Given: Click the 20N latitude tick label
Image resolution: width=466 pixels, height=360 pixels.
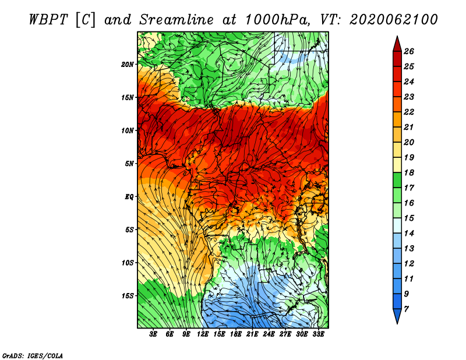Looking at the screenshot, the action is point(127,65).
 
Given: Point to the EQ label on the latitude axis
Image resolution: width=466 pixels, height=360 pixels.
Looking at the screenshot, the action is point(129,197).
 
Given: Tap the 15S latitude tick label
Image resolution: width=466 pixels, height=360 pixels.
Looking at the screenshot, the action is point(128,296).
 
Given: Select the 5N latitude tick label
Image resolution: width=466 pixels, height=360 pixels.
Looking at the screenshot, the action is point(129,164).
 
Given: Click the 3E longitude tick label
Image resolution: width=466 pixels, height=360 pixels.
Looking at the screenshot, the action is point(153,334).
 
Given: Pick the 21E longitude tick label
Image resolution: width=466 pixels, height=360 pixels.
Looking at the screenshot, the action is point(252,334).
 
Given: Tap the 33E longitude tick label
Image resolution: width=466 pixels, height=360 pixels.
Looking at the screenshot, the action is point(318,334).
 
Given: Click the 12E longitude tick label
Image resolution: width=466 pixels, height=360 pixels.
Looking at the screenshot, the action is point(203,334).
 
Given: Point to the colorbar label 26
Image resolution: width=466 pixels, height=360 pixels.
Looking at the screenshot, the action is point(409,51).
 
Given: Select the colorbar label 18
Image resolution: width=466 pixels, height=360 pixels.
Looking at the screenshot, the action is point(409,172).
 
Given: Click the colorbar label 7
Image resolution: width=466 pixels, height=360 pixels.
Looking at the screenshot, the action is point(406,309).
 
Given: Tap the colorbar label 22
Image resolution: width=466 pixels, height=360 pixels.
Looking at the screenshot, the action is point(409,112).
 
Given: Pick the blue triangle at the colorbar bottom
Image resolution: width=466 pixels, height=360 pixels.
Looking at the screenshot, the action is point(397,316).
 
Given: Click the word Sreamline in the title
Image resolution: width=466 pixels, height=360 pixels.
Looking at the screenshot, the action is point(176,20).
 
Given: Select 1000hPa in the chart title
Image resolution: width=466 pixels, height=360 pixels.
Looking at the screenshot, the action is point(276,20).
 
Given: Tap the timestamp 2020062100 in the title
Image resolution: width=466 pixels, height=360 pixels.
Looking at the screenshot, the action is point(394,20).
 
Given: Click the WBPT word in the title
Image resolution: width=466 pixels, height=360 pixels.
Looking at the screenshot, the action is point(48,20).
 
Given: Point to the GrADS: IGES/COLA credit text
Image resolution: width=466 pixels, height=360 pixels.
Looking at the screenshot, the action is point(33,356).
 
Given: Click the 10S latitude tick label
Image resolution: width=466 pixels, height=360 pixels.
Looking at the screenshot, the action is point(128,263).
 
